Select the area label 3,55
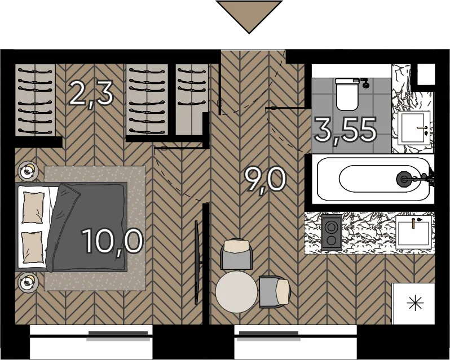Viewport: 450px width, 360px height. [x=346, y=131]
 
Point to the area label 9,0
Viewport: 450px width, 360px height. [x=265, y=181]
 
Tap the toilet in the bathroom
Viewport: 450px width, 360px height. [x=347, y=94]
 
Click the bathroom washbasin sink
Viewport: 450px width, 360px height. [x=413, y=127]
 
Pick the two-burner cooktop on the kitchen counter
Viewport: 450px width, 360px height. [x=332, y=233]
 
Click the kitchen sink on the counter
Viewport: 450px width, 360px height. [x=413, y=232]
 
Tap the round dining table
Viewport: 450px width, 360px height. [x=236, y=292]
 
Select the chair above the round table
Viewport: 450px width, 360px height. [x=236, y=254]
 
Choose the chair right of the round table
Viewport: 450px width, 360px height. [x=275, y=292]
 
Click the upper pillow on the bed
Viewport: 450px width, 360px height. [x=33, y=207]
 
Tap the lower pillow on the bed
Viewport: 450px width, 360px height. [x=33, y=247]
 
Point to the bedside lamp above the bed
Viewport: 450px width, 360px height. [x=28, y=171]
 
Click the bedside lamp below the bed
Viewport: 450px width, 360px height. [x=28, y=283]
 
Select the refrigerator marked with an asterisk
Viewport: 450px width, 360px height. [x=413, y=304]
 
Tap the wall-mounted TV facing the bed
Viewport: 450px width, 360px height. [x=197, y=263]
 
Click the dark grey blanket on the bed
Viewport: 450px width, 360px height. [x=86, y=227]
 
